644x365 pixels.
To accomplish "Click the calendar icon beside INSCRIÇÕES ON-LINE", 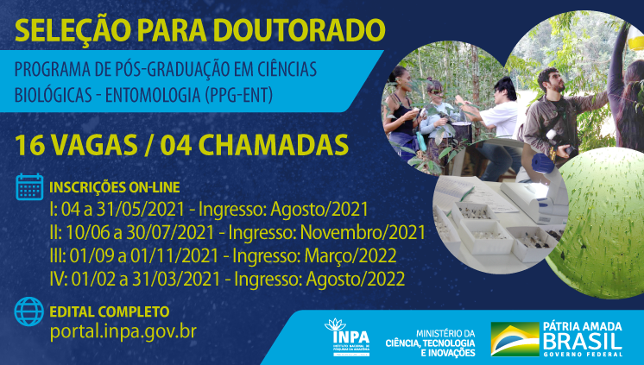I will (30, 187).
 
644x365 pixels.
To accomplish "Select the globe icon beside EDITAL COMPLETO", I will (30, 310).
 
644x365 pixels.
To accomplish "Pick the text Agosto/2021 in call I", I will (325, 209).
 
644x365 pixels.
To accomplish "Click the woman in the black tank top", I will (403, 108).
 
